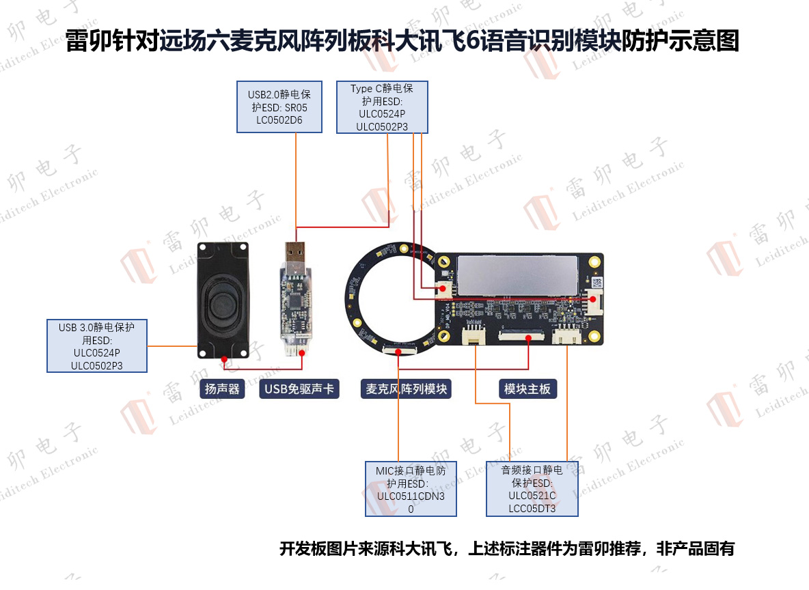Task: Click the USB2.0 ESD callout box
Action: coord(279,107)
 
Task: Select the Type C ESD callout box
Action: coord(382,107)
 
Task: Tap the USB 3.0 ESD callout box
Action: coord(97,346)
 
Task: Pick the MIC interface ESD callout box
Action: coord(411,489)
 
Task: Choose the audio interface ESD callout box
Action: coord(532,489)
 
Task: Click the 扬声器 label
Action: coord(222,389)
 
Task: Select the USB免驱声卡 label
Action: coord(299,389)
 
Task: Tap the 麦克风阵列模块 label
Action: coord(406,389)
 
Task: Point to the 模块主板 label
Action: coord(527,389)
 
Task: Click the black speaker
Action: coord(223,300)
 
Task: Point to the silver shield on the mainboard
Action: coord(517,275)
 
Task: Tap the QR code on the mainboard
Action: coord(597,283)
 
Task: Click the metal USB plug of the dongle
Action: coord(295,252)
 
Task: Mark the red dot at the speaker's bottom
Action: coord(224,359)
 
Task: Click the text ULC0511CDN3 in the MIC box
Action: coord(411,496)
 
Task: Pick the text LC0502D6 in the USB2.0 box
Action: coord(279,120)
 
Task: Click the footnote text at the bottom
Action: coord(507,549)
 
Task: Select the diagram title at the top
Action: coord(402,41)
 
